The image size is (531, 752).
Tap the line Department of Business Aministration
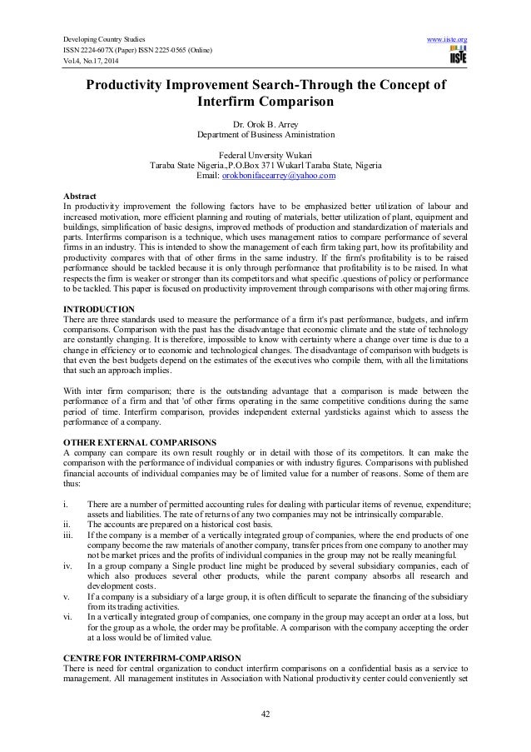tap(265, 133)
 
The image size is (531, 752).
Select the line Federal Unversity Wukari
tap(265, 154)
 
